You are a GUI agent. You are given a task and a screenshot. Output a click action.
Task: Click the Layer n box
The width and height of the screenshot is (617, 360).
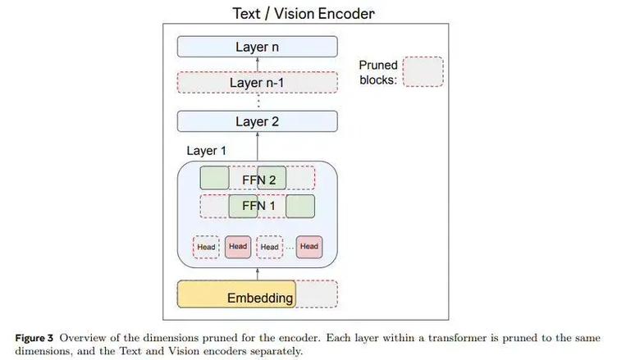pyautogui.click(x=258, y=47)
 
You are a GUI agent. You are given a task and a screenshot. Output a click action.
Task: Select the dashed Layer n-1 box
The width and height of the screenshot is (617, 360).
pyautogui.click(x=258, y=83)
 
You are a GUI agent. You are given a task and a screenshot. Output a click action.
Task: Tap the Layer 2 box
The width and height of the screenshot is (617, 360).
pyautogui.click(x=258, y=121)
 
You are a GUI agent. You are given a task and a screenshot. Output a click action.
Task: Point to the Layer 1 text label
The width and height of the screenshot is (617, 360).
pyautogui.click(x=206, y=151)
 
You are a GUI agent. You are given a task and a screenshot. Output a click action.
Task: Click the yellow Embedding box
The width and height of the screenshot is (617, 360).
pyautogui.click(x=236, y=294)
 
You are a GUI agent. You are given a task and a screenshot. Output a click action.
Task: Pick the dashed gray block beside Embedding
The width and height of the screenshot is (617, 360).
pyautogui.click(x=317, y=294)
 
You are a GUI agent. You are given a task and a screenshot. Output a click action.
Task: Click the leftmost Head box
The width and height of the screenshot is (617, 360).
pyautogui.click(x=206, y=247)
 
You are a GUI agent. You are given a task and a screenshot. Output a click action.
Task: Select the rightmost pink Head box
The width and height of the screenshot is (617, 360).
pyautogui.click(x=309, y=247)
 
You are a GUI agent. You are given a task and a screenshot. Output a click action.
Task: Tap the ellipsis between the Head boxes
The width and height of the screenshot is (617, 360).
pyautogui.click(x=290, y=248)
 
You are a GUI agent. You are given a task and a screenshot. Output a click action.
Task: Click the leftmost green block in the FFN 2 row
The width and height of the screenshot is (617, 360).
pyautogui.click(x=214, y=178)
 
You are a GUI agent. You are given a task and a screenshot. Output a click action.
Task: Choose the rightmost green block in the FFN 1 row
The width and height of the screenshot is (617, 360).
pyautogui.click(x=300, y=206)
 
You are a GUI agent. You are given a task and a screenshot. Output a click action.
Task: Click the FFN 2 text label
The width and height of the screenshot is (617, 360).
pyautogui.click(x=258, y=180)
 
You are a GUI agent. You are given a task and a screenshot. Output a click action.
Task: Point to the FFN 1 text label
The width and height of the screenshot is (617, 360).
pyautogui.click(x=258, y=205)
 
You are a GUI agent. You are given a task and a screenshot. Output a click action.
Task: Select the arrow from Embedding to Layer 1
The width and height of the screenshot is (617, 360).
pyautogui.click(x=258, y=274)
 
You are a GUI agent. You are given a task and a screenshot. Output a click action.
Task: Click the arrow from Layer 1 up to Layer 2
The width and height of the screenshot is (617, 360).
pyautogui.click(x=258, y=146)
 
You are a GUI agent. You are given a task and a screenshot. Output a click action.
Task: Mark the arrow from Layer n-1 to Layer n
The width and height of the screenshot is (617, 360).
pyautogui.click(x=258, y=65)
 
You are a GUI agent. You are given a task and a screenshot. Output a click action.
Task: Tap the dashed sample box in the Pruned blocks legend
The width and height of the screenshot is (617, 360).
pyautogui.click(x=423, y=71)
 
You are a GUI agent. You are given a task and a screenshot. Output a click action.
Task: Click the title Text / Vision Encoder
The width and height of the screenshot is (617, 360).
pyautogui.click(x=304, y=13)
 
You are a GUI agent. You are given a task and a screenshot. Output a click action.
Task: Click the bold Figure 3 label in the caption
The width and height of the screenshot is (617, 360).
pyautogui.click(x=34, y=338)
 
